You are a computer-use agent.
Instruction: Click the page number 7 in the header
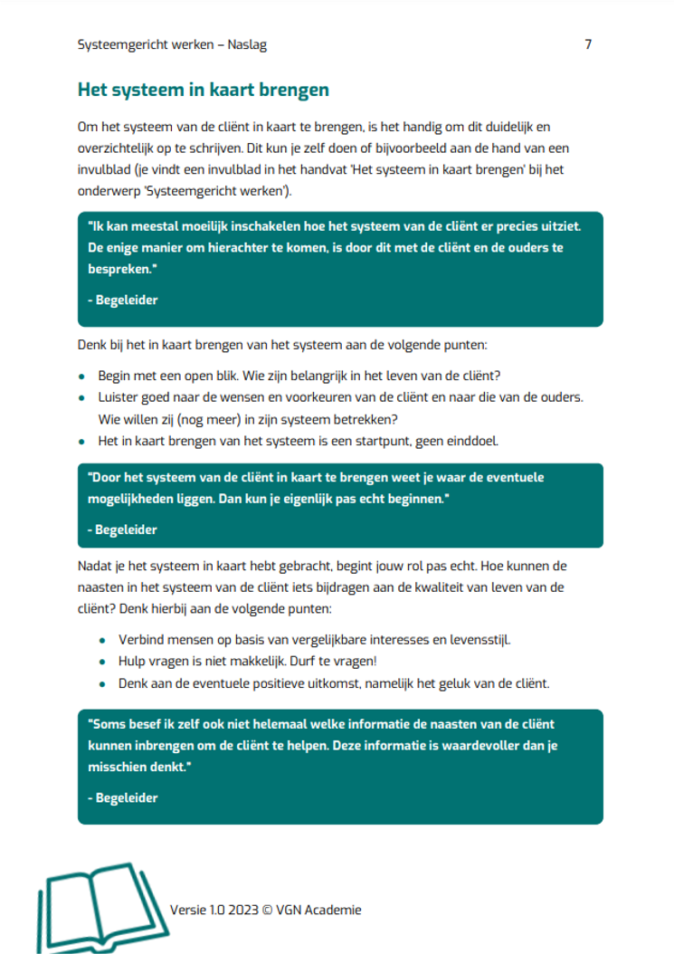[588, 44]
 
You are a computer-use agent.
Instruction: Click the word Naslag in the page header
[246, 44]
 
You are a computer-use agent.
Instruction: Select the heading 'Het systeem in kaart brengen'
[204, 91]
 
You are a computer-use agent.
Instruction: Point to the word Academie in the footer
[332, 910]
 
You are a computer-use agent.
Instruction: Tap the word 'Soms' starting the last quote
[105, 724]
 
